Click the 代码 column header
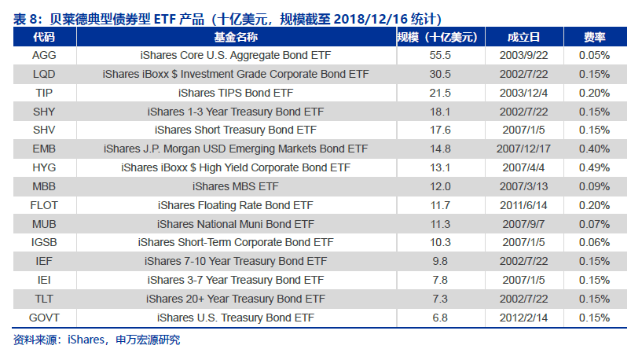(x=44, y=37)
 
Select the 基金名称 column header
(x=236, y=37)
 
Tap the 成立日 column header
(x=523, y=37)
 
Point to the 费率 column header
(x=595, y=37)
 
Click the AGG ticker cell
(x=44, y=55)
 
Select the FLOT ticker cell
(x=44, y=205)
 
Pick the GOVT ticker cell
(x=44, y=318)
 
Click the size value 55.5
(x=440, y=55)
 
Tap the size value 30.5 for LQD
(x=440, y=74)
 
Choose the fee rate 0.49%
(x=595, y=167)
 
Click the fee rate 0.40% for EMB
(x=595, y=149)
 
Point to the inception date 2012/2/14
(x=523, y=318)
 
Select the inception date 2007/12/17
(x=523, y=149)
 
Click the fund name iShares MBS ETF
(x=236, y=186)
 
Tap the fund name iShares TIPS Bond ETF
(x=236, y=93)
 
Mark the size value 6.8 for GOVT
(x=440, y=318)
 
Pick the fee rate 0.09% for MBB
(x=595, y=186)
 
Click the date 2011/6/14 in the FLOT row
(x=523, y=205)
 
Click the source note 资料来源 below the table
(x=35, y=340)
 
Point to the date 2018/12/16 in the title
(x=371, y=19)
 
